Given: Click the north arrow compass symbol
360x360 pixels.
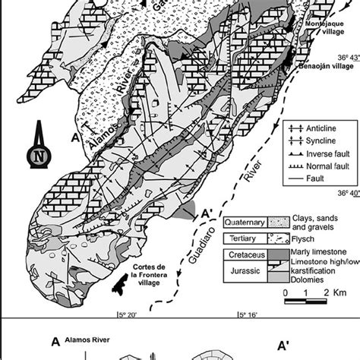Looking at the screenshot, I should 38,154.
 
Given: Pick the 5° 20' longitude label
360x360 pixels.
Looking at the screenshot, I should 127,312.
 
